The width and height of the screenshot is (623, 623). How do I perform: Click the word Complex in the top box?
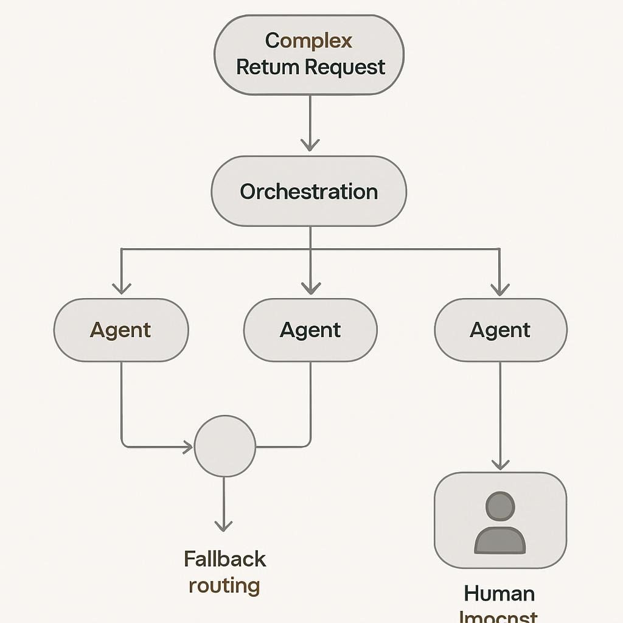[308, 41]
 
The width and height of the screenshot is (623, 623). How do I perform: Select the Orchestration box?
[308, 192]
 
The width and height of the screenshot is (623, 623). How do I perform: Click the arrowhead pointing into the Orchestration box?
[310, 145]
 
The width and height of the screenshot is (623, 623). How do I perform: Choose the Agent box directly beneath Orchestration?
[310, 330]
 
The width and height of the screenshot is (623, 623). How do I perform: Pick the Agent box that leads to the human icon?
[500, 330]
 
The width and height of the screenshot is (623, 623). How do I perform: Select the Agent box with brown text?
[120, 330]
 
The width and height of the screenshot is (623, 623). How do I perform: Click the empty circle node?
[224, 447]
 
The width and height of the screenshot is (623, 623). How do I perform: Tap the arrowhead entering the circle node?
[187, 448]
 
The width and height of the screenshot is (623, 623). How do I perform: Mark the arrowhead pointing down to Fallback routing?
[224, 524]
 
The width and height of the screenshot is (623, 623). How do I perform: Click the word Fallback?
[224, 559]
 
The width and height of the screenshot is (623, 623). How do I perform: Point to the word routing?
[224, 586]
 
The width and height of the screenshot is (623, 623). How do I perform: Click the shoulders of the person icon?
[499, 541]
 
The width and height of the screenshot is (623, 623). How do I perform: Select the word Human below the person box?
[499, 593]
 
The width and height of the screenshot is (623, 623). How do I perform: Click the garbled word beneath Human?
[498, 616]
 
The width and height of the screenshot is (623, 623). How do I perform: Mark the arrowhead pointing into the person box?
[500, 464]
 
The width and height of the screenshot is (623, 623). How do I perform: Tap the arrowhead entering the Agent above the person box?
[499, 288]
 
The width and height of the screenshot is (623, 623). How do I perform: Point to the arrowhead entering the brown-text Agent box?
[122, 288]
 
